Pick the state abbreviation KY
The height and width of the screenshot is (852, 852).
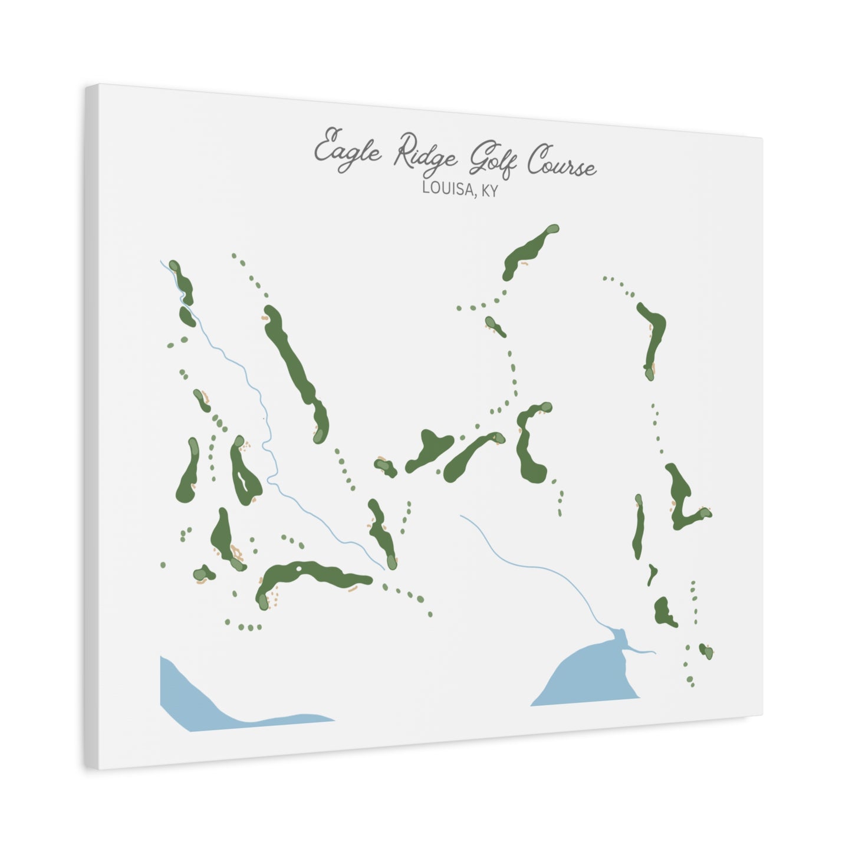point(489,191)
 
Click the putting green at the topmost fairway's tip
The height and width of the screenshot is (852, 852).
point(552,229)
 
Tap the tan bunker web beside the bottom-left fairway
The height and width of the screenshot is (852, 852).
point(236,554)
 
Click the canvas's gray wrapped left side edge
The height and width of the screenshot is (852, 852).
point(91,425)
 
